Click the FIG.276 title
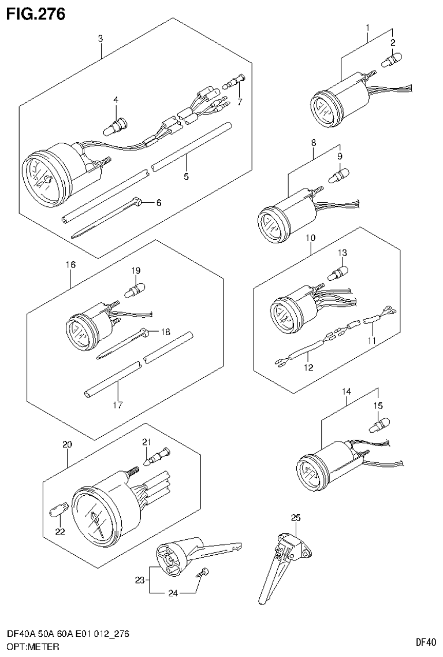coord(36,12)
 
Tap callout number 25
coord(296,517)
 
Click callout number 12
coord(309,368)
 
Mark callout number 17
coord(117,404)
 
